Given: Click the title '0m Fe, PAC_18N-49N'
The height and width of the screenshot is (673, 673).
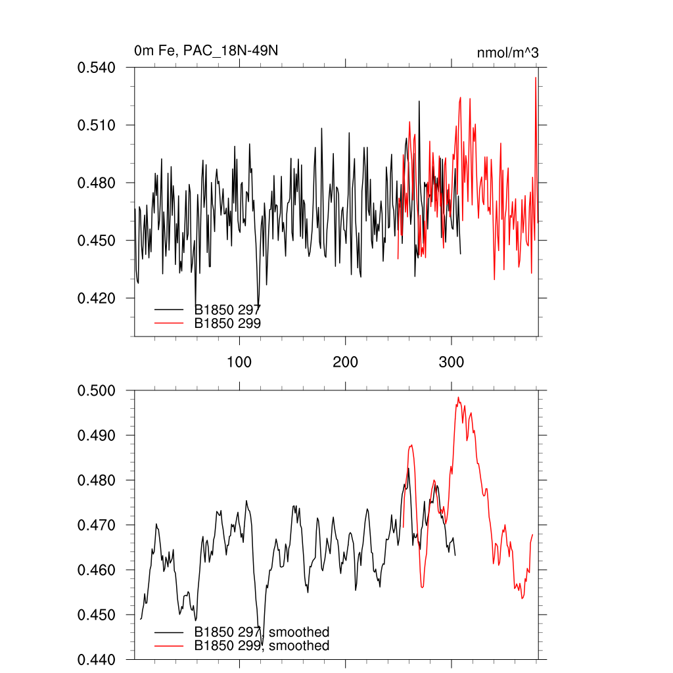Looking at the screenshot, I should click(x=210, y=51).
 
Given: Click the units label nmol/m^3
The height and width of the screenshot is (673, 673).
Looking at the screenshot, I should click(x=507, y=52).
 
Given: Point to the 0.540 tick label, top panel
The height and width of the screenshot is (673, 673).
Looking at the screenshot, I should click(x=97, y=67).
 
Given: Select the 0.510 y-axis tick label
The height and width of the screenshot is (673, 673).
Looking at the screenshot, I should click(x=97, y=125).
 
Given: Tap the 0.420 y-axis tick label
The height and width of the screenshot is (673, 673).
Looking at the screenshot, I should click(x=97, y=298).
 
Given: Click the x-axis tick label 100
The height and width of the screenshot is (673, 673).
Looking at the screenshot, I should click(x=239, y=362).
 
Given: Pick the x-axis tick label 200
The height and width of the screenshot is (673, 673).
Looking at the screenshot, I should click(x=345, y=362).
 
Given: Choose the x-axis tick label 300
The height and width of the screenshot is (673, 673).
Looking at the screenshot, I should click(x=452, y=362).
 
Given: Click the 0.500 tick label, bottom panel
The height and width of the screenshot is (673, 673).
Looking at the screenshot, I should click(x=97, y=390).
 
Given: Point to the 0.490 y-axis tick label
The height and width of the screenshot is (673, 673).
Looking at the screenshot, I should click(x=97, y=436).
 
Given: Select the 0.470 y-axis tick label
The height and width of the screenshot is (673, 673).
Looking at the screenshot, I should click(x=97, y=525).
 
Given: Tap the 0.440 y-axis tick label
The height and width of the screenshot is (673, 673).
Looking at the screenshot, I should click(x=97, y=659).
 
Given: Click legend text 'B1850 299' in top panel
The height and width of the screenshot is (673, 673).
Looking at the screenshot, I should click(x=228, y=323).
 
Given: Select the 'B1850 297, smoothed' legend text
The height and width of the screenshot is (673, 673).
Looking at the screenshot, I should click(x=262, y=632).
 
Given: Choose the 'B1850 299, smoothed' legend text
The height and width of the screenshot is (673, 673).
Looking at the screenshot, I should click(x=262, y=646).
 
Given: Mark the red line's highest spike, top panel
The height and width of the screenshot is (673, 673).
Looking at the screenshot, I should click(x=536, y=78).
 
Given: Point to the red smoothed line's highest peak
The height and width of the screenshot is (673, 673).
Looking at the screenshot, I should click(x=458, y=397).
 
